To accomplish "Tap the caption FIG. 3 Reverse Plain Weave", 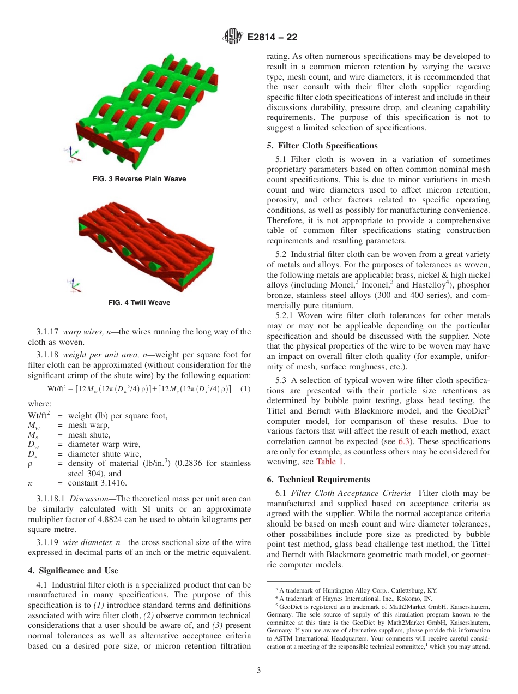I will tap(140, 179).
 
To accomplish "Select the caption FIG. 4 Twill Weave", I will tap(140, 303).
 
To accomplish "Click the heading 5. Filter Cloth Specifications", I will tap(322, 146).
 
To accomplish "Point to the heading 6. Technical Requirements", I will tap(318, 480).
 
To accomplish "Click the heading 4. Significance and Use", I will tap(73, 571).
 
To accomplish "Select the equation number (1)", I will tap(245, 389).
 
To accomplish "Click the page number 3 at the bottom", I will tap(259, 671).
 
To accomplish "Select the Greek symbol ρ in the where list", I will tap(31, 463).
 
